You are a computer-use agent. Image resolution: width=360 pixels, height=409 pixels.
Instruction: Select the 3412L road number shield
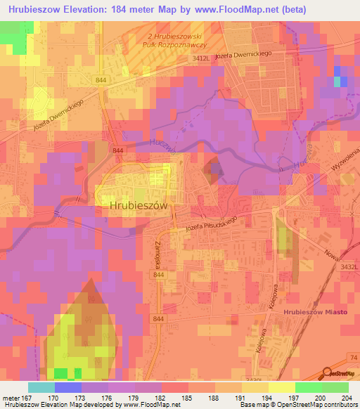point(201,60)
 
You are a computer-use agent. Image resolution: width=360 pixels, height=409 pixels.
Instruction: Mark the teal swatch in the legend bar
point(41,387)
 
